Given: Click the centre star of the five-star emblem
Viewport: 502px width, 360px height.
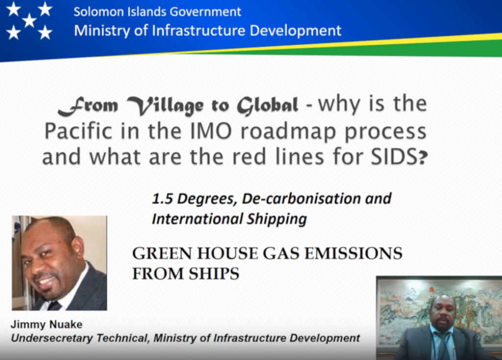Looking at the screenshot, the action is coord(29,20).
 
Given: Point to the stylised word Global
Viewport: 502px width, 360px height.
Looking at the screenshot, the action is coord(268,105).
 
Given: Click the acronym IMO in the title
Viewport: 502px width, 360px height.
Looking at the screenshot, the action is coord(211,131).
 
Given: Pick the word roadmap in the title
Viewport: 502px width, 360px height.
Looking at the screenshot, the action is coord(288,132).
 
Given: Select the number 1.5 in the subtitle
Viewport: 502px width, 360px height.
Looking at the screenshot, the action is coord(162,199).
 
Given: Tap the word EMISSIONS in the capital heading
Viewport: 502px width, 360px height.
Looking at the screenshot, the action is coord(353,253).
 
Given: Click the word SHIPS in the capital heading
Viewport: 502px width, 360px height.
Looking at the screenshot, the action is coord(214,274).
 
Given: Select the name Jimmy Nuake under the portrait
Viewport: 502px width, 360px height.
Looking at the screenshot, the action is coord(47,324).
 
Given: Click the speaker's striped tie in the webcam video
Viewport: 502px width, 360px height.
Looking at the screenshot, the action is coord(443,346).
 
